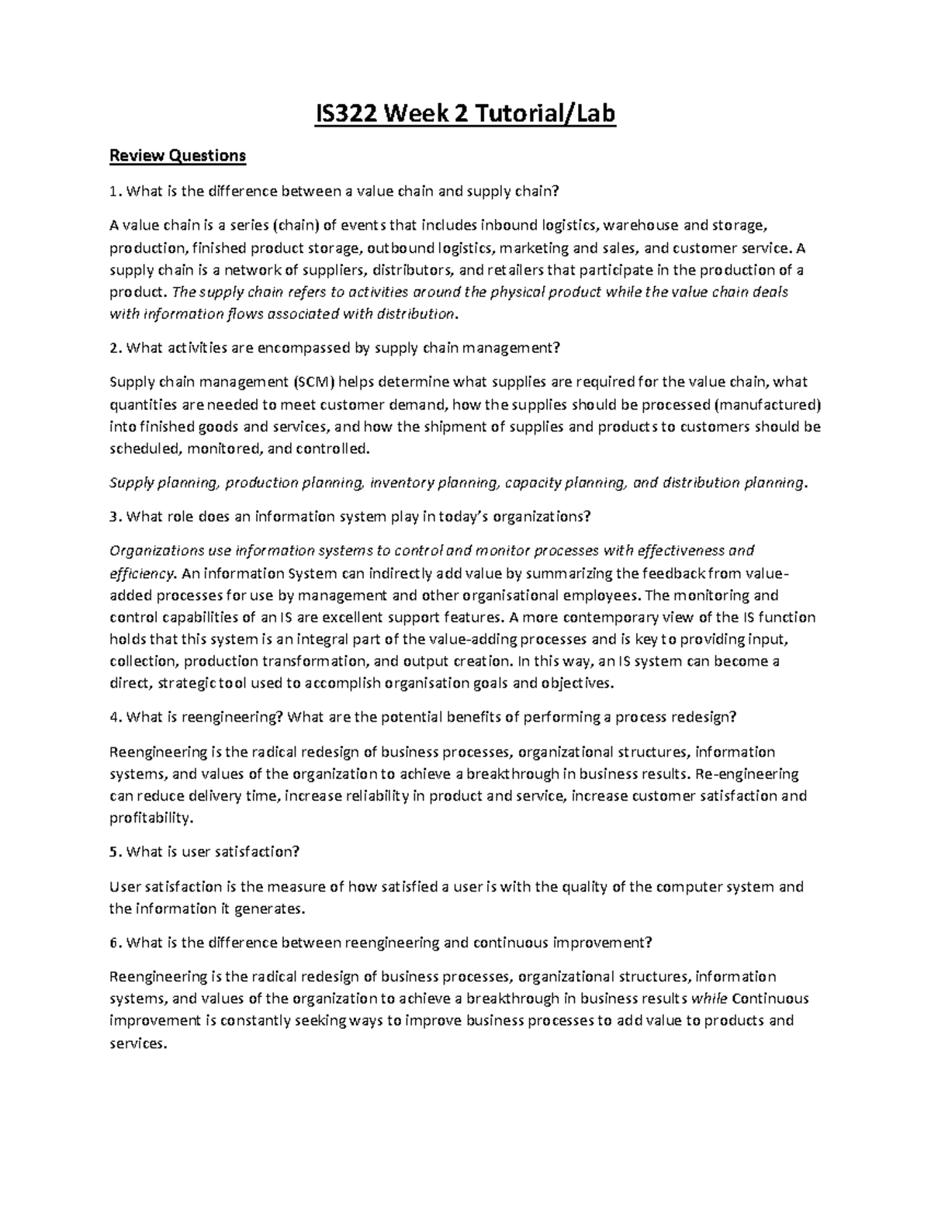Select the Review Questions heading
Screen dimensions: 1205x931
pyautogui.click(x=178, y=156)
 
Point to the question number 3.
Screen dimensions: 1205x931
pyautogui.click(x=115, y=517)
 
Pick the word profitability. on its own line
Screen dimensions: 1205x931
pyautogui.click(x=150, y=818)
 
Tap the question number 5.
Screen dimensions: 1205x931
pyautogui.click(x=115, y=852)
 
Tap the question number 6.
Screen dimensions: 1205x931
pyautogui.click(x=115, y=943)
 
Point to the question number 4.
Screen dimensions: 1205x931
pyautogui.click(x=115, y=717)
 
